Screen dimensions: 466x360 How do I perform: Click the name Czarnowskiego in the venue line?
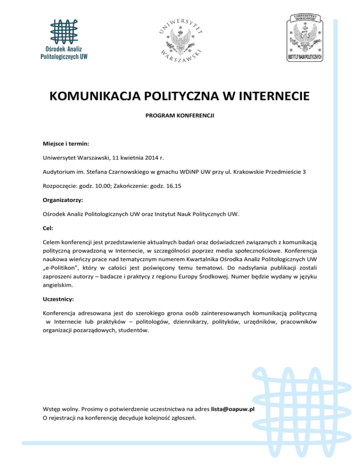point(139,172)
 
